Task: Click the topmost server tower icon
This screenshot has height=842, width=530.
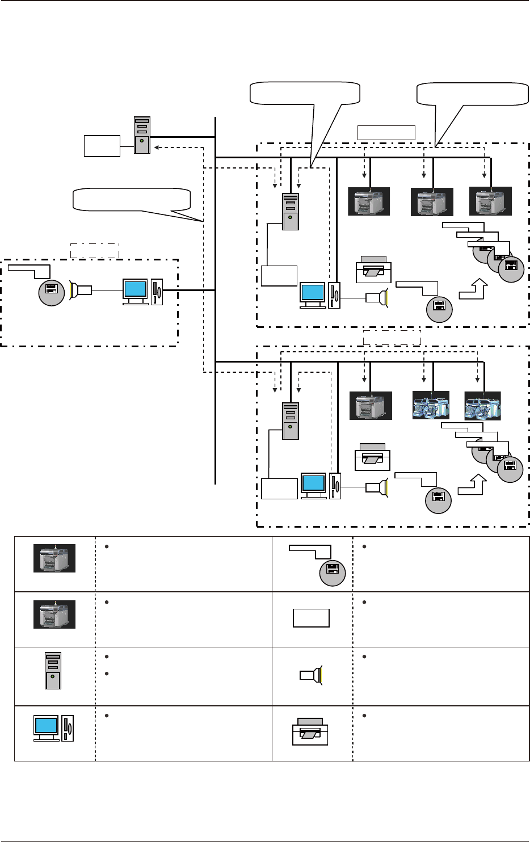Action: pos(142,136)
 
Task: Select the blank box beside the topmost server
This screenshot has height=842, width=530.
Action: pos(102,146)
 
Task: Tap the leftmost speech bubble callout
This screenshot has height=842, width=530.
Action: pos(132,199)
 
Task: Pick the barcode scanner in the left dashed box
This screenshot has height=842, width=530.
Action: pos(80,291)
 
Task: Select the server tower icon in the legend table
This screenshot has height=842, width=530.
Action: pos(53,671)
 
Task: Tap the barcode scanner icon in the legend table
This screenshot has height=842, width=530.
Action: pos(310,675)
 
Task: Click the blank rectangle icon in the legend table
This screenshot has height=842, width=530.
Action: pos(311,618)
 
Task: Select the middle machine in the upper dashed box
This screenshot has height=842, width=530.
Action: pos(432,202)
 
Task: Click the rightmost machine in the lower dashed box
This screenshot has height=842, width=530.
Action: pos(482,405)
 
